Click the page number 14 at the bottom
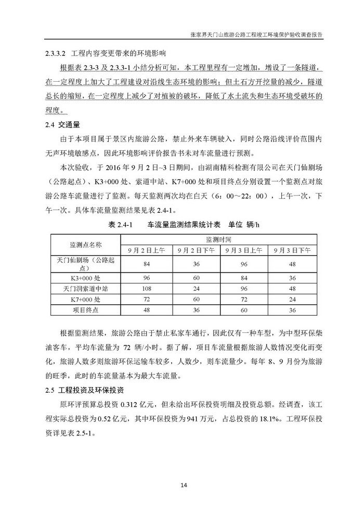coord(183,485)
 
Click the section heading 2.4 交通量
coord(62,125)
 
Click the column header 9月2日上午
coord(146,250)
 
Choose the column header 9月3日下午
coord(289,250)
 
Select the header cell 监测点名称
coord(86,244)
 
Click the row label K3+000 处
coord(86,278)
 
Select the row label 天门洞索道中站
coord(86,289)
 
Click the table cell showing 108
coord(146,289)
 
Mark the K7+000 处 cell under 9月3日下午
coord(289,299)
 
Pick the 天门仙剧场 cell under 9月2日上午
coord(146,264)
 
